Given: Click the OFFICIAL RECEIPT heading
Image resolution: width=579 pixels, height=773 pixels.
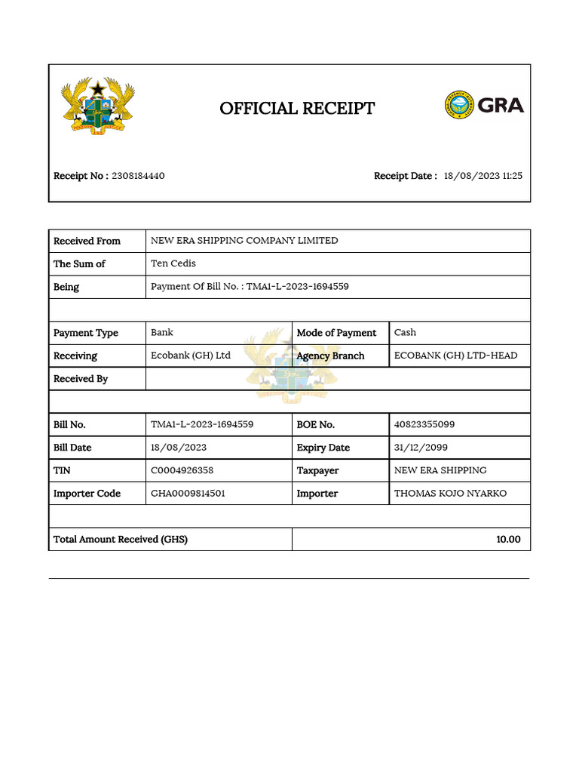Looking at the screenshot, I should pyautogui.click(x=297, y=109).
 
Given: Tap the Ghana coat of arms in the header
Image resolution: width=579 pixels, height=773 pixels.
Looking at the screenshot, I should pyautogui.click(x=97, y=106).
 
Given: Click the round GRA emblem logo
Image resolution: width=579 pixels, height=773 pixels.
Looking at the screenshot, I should pyautogui.click(x=458, y=106).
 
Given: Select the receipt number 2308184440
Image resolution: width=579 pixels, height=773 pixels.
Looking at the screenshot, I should pyautogui.click(x=138, y=176).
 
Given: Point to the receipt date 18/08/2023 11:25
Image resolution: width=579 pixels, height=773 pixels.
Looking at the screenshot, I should pyautogui.click(x=482, y=176).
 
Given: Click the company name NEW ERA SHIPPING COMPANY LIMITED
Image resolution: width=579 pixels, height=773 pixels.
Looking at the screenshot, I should pyautogui.click(x=244, y=241).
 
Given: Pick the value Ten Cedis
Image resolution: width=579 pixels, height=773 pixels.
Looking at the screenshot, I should pyautogui.click(x=173, y=263).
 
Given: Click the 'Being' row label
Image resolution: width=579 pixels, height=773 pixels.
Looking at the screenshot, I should pyautogui.click(x=66, y=287).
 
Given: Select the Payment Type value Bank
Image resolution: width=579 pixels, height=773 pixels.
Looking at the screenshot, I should pyautogui.click(x=162, y=332).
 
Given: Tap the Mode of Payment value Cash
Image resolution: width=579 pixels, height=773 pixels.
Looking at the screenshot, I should pyautogui.click(x=405, y=332).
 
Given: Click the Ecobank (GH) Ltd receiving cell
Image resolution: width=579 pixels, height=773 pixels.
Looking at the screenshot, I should pyautogui.click(x=191, y=356).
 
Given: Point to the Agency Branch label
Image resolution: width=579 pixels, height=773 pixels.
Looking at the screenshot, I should pyautogui.click(x=330, y=356).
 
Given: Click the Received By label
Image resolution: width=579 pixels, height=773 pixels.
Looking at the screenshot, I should pyautogui.click(x=81, y=379).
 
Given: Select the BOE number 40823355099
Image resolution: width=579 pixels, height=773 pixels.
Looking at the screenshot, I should pyautogui.click(x=424, y=424).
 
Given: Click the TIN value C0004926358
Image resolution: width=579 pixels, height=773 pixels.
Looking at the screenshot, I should pyautogui.click(x=182, y=470).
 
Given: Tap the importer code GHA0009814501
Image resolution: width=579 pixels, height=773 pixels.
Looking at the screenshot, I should pyautogui.click(x=188, y=494).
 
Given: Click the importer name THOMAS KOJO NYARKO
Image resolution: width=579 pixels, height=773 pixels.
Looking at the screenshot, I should pyautogui.click(x=450, y=494).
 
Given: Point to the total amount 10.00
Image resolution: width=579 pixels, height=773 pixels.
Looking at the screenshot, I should pyautogui.click(x=507, y=540).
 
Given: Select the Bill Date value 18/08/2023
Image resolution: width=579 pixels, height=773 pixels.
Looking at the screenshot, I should pyautogui.click(x=177, y=448).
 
